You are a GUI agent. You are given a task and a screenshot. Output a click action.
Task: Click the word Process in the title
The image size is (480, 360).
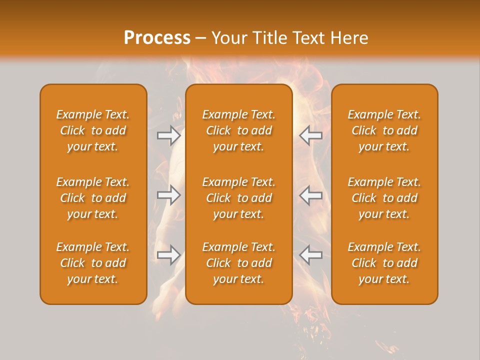tap(157, 38)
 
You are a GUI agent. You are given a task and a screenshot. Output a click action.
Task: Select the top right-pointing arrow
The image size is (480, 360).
tap(168, 135)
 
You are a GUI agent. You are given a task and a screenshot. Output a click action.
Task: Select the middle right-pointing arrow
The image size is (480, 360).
tap(168, 195)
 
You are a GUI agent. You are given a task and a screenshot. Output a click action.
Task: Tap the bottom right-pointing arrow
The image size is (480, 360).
tap(168, 255)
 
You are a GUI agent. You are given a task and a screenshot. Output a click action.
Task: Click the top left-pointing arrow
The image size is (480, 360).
tap(310, 135)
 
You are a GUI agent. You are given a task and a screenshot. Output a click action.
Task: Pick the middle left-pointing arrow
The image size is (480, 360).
tap(310, 195)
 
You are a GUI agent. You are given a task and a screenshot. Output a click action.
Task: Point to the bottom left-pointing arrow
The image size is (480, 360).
tap(310, 255)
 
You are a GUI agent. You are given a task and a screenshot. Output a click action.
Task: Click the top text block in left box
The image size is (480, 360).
tap(93, 130)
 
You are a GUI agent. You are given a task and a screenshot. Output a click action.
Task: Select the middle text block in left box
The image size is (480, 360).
tap(93, 198)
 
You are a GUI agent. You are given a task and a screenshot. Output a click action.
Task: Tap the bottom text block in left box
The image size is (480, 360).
tap(93, 263)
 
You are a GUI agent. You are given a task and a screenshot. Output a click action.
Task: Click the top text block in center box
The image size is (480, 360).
tap(238, 130)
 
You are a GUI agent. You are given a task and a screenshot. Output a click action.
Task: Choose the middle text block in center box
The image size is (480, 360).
tap(238, 198)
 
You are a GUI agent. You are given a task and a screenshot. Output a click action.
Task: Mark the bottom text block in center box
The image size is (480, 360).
tap(238, 263)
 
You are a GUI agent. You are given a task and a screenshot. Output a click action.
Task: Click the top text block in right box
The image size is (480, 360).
tap(384, 130)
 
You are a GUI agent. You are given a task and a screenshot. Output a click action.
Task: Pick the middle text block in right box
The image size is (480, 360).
tap(384, 198)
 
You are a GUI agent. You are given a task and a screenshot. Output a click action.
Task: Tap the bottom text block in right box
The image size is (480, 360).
tap(384, 263)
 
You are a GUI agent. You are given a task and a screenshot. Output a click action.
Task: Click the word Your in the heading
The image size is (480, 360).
tap(230, 38)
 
